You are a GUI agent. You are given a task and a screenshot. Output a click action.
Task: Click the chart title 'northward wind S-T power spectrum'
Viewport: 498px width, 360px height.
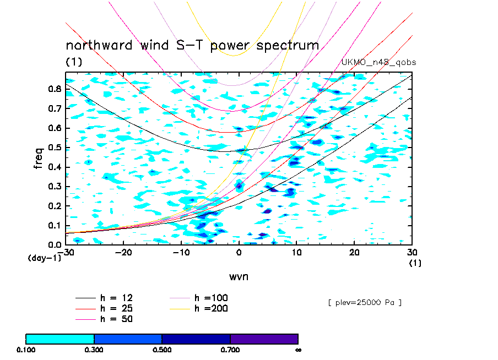pos(192,45)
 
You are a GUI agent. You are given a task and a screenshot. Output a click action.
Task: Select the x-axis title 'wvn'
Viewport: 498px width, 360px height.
pos(239,276)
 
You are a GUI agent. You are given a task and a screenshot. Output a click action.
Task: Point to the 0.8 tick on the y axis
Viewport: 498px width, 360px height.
pos(54,90)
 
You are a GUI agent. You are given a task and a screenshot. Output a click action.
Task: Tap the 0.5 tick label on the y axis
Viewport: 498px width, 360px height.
pos(54,148)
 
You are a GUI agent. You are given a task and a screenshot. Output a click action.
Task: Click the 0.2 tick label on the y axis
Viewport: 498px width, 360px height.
pos(54,206)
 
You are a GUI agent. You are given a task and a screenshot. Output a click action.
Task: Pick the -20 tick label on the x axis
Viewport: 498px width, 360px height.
pos(123,252)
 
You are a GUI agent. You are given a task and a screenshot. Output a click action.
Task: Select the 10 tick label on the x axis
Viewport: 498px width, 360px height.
pos(296,252)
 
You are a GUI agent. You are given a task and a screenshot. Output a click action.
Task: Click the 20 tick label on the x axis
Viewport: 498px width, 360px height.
pos(354,252)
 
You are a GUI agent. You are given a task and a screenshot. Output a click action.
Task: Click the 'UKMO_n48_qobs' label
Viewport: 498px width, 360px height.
pos(379,63)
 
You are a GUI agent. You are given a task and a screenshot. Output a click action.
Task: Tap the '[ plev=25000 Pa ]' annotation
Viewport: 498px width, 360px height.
pos(364,303)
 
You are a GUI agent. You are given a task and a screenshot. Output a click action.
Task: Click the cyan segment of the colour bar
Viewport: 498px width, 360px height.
pos(60,339)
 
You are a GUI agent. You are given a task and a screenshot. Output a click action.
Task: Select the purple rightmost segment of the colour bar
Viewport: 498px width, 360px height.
pos(264,339)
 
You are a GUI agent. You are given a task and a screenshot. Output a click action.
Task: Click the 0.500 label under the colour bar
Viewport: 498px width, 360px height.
pos(162,350)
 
